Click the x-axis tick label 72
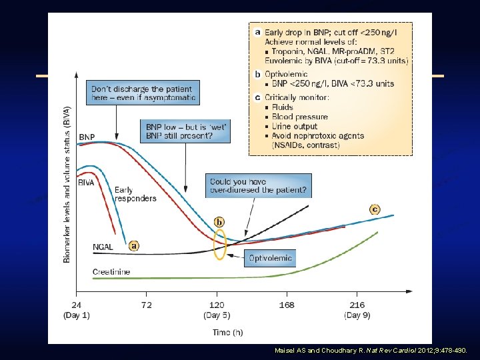point(146,305)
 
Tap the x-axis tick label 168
point(287,305)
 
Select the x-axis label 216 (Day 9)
point(357,309)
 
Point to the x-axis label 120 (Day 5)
point(217,309)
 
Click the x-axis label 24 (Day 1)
point(77,309)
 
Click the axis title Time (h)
point(217,331)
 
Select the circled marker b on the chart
point(219,221)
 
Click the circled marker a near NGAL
point(134,245)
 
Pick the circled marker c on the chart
point(375,209)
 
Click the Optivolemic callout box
point(269,257)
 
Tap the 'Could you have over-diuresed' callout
point(259,185)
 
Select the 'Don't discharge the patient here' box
point(142,93)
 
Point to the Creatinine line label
point(111,272)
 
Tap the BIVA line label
point(86,182)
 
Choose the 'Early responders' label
point(135,194)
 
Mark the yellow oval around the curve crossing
point(219,245)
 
